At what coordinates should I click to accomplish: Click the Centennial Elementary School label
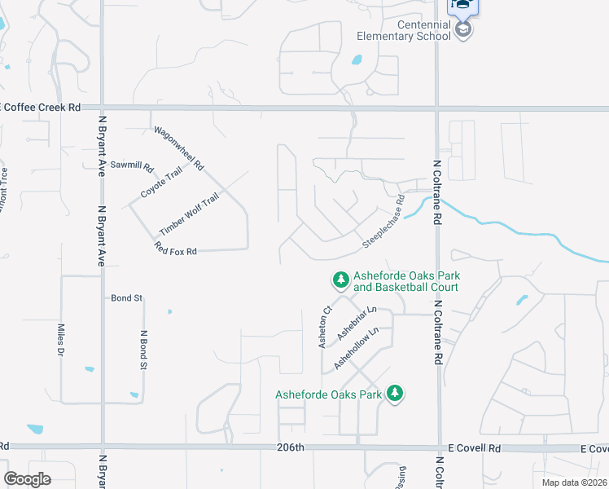tap(403, 29)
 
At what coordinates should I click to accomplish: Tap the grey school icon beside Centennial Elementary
tap(463, 30)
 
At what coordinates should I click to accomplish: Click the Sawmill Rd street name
tap(132, 165)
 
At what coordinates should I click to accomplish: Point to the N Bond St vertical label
tap(143, 349)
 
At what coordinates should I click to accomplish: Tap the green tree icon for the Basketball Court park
tap(340, 280)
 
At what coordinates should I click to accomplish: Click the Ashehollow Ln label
tap(357, 346)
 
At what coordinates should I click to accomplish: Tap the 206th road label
tap(290, 447)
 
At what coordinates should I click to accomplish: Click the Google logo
tap(27, 479)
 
